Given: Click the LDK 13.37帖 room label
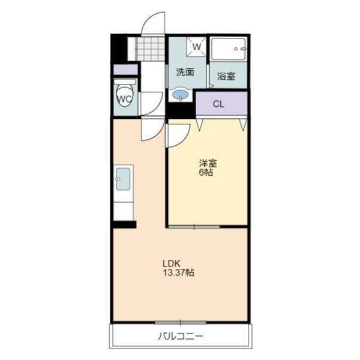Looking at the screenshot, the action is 179,268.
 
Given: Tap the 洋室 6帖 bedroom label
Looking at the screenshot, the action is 208,167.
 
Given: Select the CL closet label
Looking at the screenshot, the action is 218,104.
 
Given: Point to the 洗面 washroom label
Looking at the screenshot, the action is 185,72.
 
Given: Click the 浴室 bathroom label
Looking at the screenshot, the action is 226,76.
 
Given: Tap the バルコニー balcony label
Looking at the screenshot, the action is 181,337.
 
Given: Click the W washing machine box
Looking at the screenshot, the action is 197,47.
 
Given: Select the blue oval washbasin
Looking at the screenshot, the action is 181,94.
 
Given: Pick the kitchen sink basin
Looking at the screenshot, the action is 123,179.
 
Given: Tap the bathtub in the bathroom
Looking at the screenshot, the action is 229,49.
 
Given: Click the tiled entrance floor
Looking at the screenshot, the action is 151,49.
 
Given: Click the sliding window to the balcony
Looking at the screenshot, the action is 181,323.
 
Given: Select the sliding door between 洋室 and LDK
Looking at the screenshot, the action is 194,227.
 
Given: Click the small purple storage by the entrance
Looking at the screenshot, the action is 125,70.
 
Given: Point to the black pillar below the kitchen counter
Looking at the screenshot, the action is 124,224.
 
